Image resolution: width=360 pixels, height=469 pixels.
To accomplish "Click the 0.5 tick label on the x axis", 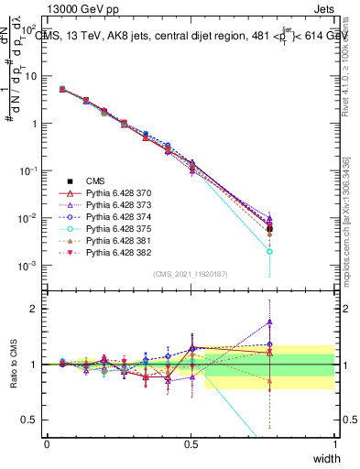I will (191, 444).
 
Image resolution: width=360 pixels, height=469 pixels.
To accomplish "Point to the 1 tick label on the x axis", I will (335, 444).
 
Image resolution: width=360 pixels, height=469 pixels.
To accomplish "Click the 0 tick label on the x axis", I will (47, 444).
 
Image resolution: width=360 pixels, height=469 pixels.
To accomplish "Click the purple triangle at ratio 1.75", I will (269, 322).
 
